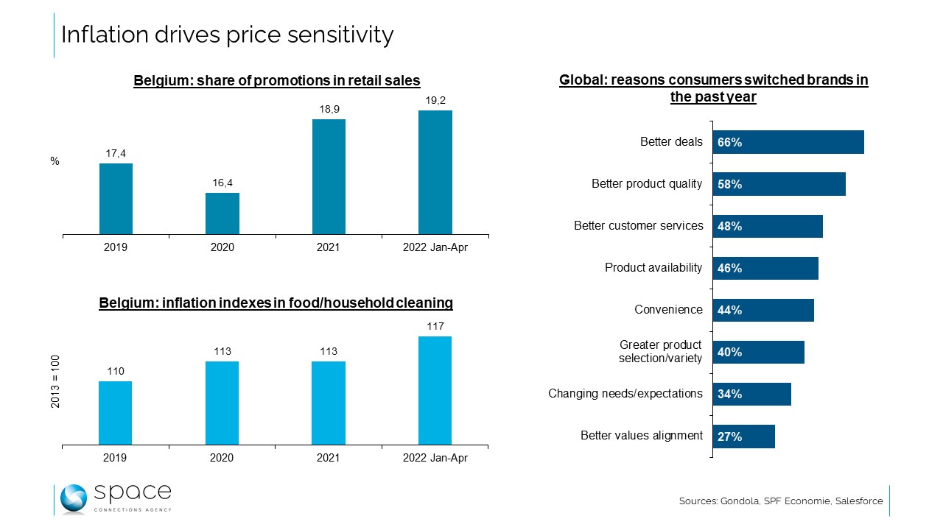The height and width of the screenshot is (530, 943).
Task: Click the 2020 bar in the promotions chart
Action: [222, 214]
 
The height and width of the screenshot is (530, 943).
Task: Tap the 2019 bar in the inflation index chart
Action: [115, 413]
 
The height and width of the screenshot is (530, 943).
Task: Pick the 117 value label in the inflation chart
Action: [435, 326]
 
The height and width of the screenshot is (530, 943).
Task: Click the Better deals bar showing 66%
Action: [788, 142]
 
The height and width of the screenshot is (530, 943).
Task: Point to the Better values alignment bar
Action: [743, 437]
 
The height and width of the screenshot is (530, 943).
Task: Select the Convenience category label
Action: [668, 310]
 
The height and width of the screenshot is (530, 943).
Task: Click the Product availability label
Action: [653, 268]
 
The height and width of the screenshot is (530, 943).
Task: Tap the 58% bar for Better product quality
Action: [779, 184]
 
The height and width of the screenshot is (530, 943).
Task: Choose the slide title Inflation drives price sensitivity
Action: [227, 35]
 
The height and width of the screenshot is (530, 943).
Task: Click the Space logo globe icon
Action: [74, 498]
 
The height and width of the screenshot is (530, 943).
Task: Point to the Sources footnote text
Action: [780, 501]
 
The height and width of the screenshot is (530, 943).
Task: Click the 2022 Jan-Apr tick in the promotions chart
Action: [435, 247]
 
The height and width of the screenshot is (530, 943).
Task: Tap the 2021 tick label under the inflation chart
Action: [328, 458]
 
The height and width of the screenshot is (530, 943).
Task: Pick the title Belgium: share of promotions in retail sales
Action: [276, 81]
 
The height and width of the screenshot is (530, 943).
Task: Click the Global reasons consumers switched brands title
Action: [713, 88]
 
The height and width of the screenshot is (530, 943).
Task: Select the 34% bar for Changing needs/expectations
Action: [751, 394]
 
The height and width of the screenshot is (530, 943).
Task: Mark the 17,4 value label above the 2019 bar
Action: [116, 153]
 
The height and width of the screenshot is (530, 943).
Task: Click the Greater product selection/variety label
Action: [660, 352]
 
